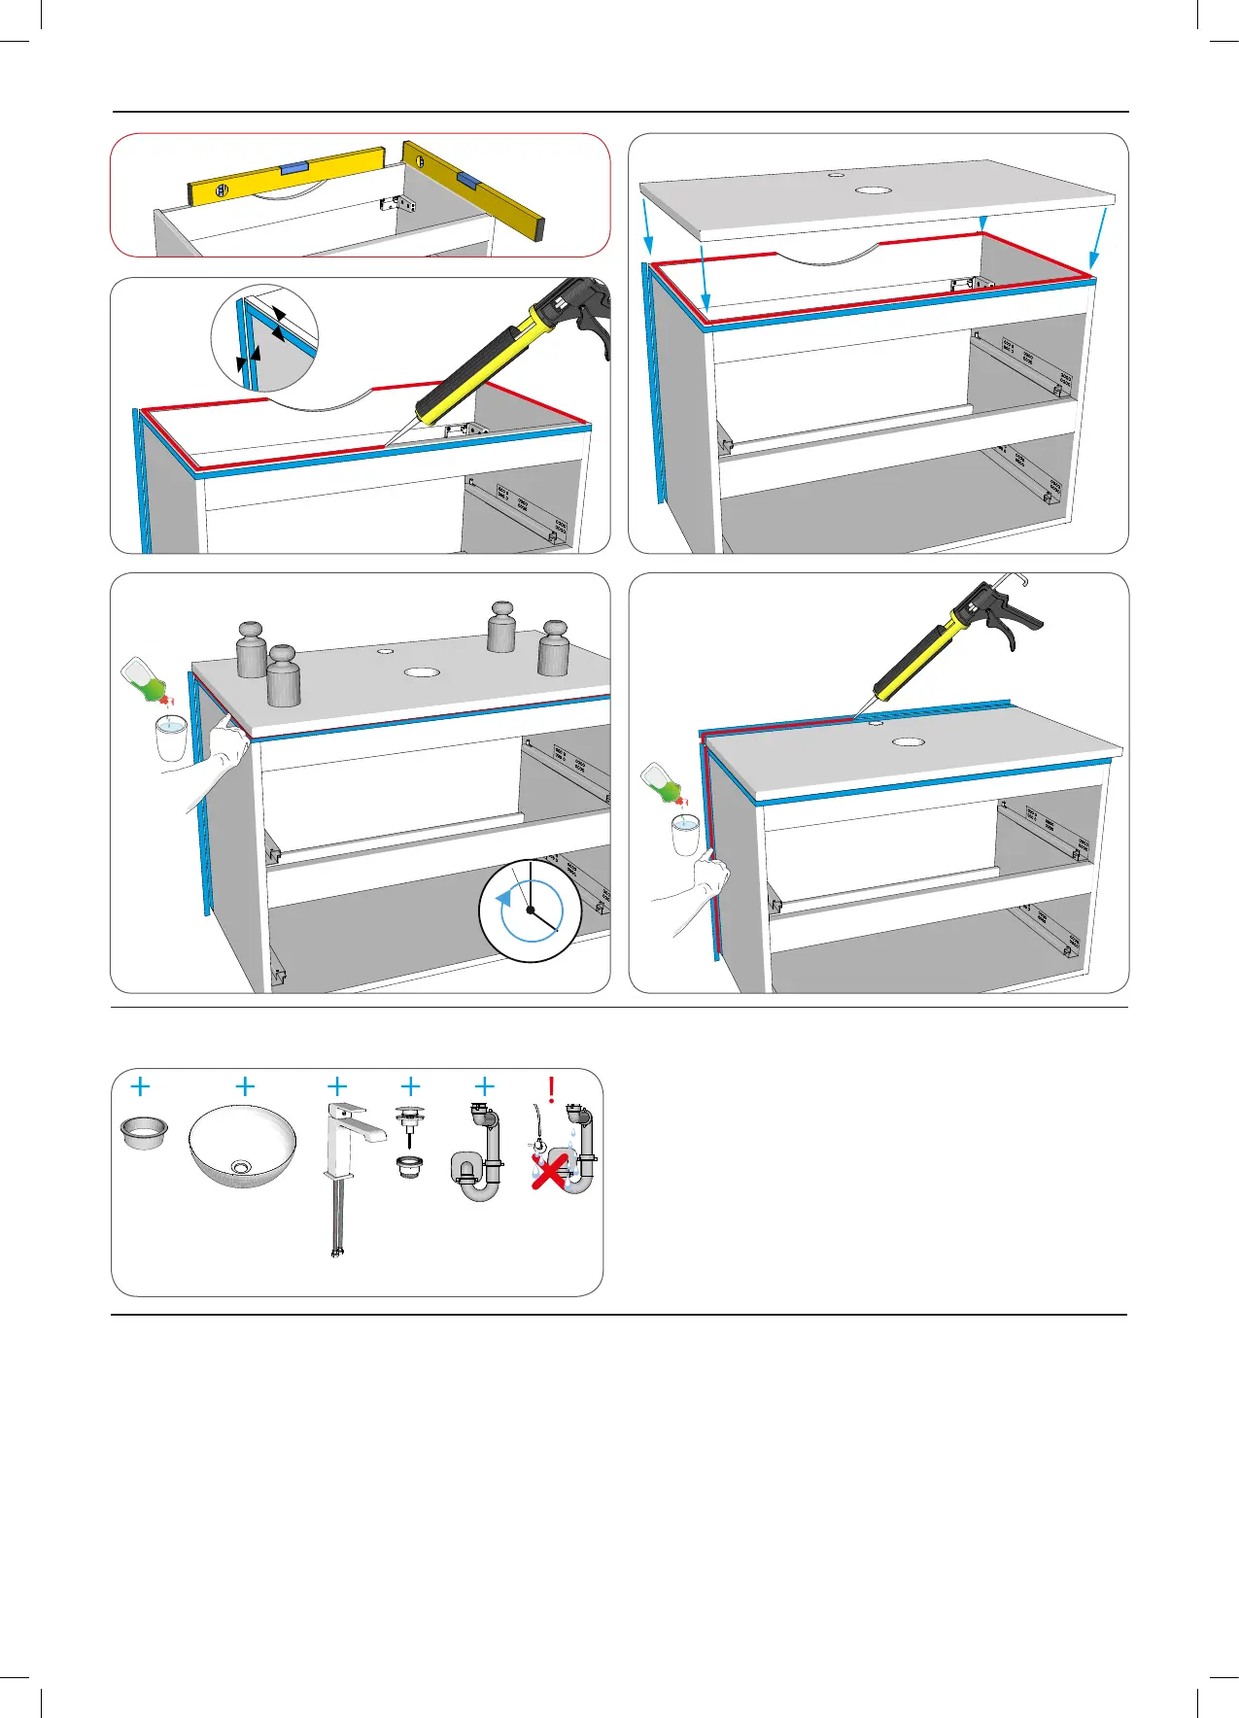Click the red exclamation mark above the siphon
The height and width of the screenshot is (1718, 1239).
coord(552,1089)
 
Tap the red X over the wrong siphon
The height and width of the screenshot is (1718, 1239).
coord(550,1169)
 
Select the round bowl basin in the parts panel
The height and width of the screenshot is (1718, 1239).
coord(242,1147)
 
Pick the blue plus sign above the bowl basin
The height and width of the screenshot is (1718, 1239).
coord(245,1086)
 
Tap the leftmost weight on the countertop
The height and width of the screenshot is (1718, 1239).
coord(251,649)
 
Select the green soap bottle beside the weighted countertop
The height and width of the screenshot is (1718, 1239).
coord(146,679)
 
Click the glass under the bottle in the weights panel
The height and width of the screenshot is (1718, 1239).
coord(171,738)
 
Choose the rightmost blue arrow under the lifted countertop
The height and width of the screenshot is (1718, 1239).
coord(1099,239)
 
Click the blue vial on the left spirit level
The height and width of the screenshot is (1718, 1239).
coord(293,169)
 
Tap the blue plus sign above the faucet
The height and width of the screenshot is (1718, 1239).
coord(337,1086)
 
